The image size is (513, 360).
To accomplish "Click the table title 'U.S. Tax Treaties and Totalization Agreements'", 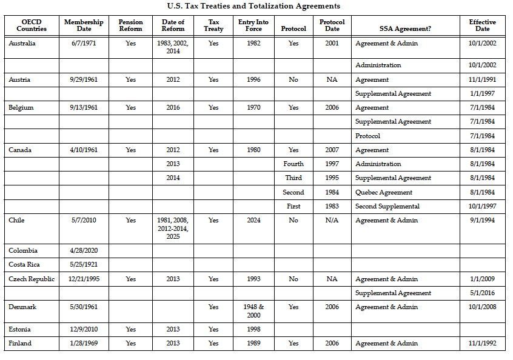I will [253, 6].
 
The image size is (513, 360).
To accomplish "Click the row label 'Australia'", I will [22, 44].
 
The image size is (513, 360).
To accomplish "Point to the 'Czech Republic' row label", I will [32, 279].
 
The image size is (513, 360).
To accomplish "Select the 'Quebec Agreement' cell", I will [383, 192].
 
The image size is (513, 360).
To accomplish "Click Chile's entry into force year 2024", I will [254, 221].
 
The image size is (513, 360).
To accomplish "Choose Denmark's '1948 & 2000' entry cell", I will [254, 311].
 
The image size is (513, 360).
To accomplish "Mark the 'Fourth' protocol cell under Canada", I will [293, 164].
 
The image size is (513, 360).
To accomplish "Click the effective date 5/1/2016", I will [482, 293].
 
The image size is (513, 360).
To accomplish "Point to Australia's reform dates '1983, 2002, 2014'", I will [173, 47].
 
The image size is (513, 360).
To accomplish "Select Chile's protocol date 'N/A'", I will [332, 221].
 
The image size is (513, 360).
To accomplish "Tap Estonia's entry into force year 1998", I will [254, 330].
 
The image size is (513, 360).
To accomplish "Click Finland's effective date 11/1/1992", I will [482, 344].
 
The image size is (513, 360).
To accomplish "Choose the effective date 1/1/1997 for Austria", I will [482, 94].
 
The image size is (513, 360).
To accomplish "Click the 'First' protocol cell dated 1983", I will [293, 206].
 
